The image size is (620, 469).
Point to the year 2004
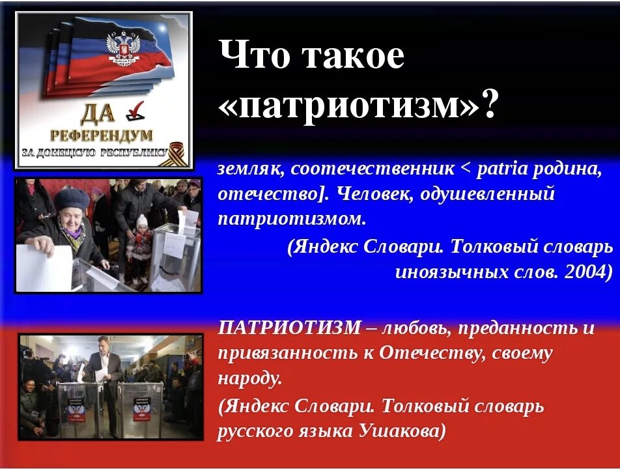click(588, 272)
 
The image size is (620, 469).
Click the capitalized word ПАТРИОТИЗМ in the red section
click(289, 328)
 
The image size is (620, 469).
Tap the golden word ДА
click(98, 115)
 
